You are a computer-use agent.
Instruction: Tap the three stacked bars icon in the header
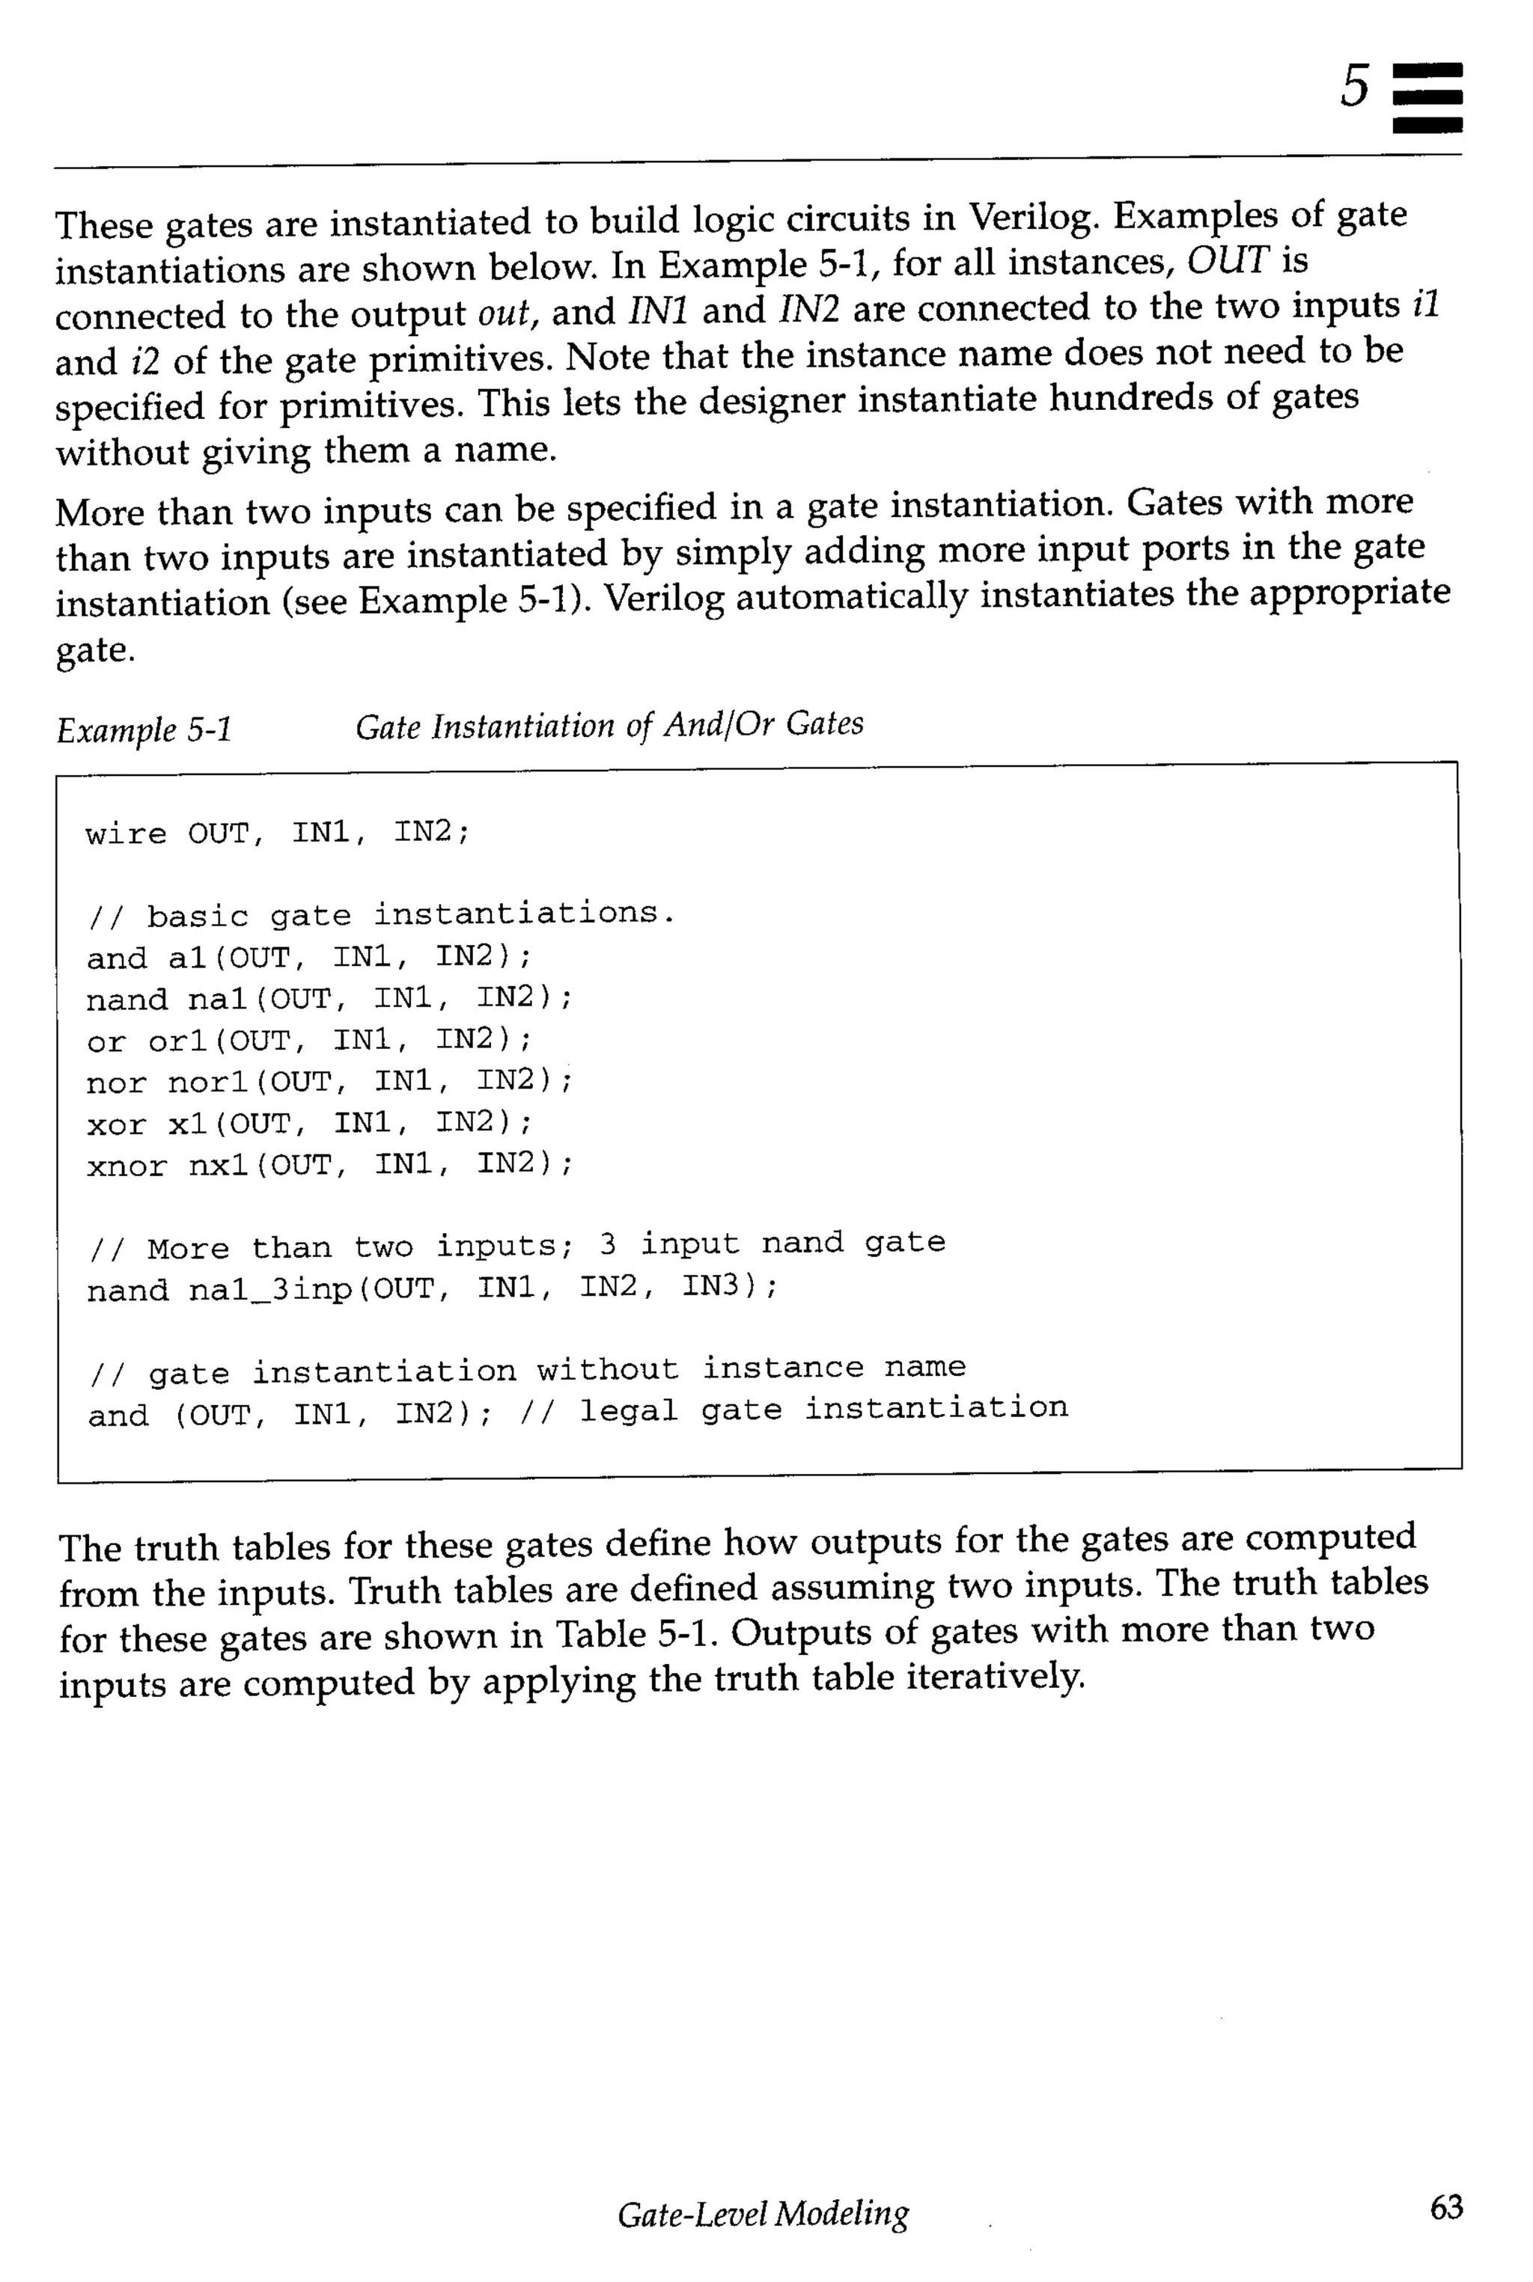(1427, 98)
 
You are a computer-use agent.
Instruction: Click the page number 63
(1446, 2206)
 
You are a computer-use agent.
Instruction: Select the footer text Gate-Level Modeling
(763, 2212)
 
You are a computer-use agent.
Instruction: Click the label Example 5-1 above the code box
(144, 729)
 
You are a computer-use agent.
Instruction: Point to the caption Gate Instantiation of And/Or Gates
(609, 725)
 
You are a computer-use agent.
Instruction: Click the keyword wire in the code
(125, 833)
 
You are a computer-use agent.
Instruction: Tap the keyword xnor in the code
(126, 1166)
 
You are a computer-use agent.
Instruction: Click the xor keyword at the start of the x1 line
(115, 1125)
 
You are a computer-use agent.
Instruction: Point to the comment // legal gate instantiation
(794, 1410)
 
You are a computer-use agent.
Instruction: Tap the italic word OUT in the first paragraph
(1227, 260)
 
